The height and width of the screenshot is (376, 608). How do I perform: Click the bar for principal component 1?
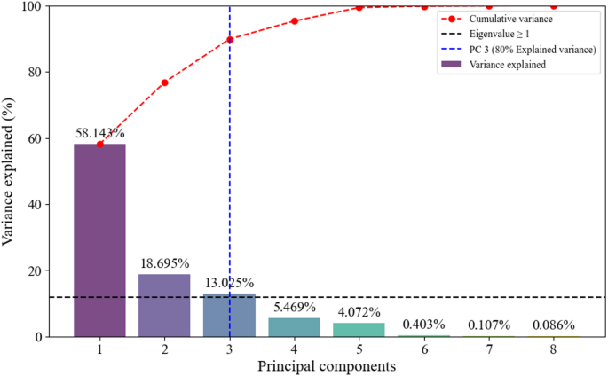coord(99,239)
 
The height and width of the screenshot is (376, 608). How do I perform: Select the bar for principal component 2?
coord(164,305)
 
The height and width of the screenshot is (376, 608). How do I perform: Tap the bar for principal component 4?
coord(294,327)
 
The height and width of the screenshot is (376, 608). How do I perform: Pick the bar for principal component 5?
coord(359,330)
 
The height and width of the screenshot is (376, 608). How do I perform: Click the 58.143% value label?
coord(99,133)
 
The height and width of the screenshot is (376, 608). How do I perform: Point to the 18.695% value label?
coord(164,263)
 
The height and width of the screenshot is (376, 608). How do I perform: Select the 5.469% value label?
coord(294,307)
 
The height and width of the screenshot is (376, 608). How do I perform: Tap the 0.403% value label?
coord(423,325)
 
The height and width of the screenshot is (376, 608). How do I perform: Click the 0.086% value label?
coord(553,325)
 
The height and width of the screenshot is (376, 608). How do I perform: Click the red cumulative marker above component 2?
coord(164,82)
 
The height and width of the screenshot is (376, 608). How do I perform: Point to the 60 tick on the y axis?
coord(35,138)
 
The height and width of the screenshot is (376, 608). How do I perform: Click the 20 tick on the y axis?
coord(35,270)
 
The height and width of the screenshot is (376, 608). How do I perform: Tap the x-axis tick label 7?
coord(488,349)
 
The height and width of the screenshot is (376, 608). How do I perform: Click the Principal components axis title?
coord(326,365)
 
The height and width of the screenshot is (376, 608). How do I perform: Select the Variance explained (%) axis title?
coord(10,171)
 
